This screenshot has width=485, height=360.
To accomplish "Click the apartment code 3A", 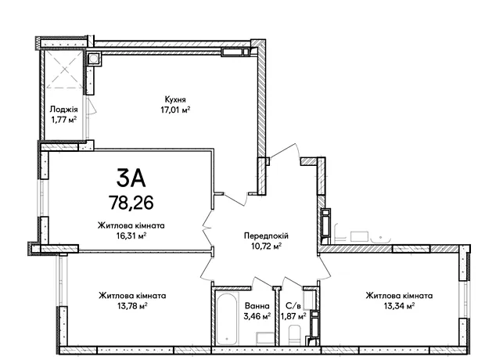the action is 131,178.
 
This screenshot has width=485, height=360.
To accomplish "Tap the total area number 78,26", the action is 131,203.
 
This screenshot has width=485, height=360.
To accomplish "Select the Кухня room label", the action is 175,99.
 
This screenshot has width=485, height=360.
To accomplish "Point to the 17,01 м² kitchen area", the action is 175,110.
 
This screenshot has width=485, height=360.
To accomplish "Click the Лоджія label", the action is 63,110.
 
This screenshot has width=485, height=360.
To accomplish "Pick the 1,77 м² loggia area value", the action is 63,120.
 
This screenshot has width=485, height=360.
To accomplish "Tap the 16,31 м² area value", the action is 131,236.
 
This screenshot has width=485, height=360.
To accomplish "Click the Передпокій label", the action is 266,236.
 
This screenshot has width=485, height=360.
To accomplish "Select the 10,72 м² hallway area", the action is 266,246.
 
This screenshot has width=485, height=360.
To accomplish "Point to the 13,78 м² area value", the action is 132,306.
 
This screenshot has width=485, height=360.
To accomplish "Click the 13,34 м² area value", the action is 399,306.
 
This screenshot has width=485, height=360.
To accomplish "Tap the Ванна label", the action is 257,306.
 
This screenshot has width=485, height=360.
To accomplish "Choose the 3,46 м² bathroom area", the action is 257,316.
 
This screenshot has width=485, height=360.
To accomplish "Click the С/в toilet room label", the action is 293,306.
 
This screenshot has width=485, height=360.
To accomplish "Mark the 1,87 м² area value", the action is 293,316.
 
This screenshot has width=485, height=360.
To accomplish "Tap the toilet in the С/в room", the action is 294,335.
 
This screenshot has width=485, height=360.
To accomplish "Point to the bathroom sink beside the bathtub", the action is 264,338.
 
